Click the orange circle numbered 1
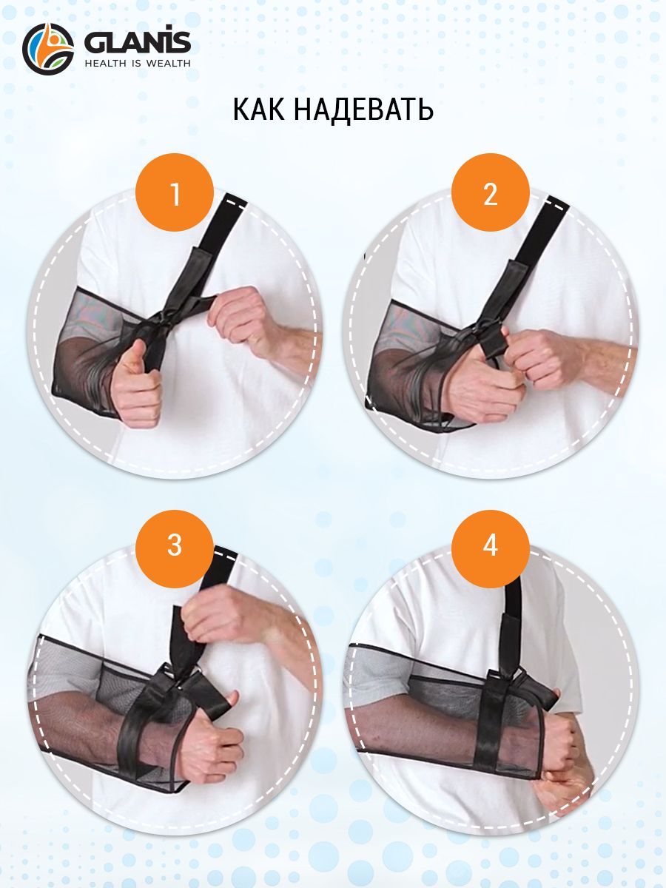[175, 192]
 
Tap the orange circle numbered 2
[491, 192]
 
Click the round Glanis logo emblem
[48, 49]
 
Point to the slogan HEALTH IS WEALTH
[138, 63]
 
